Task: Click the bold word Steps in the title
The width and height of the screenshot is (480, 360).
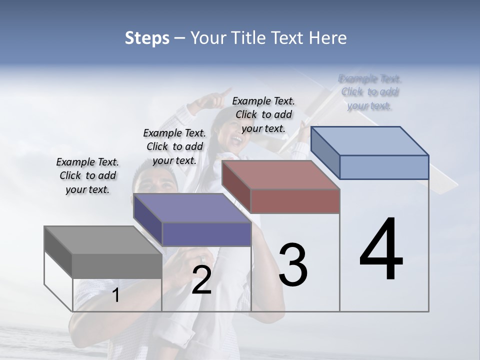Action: point(147,38)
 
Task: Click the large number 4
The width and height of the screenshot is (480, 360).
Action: point(381,250)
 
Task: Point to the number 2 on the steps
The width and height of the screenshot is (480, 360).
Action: point(201,280)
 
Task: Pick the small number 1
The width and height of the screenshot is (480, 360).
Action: point(115,295)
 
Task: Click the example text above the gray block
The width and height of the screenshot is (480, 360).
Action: point(87,175)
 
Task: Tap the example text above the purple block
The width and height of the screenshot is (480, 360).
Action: point(174,146)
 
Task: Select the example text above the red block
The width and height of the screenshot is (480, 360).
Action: point(263,114)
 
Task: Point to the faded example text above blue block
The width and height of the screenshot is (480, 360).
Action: point(370,92)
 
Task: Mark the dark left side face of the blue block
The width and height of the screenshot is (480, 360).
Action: point(325,152)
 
